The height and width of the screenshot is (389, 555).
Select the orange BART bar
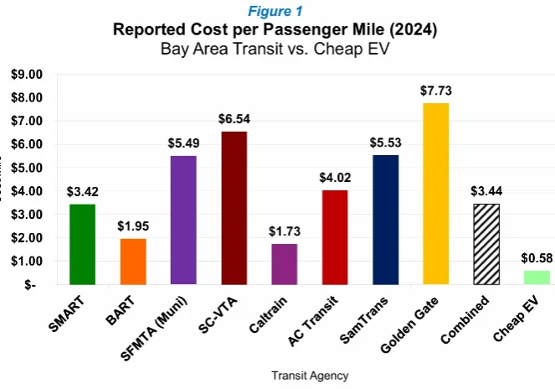pos(132,261)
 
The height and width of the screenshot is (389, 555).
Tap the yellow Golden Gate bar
pos(434,194)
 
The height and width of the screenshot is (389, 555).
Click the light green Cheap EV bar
pos(535,277)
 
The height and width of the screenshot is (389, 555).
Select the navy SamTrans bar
pos(384,219)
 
